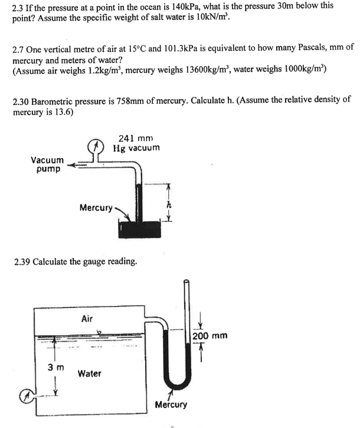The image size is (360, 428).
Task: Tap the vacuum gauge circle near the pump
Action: (x=96, y=145)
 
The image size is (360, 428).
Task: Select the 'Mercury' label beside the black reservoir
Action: (x=95, y=207)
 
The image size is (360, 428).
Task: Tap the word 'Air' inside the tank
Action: (x=87, y=318)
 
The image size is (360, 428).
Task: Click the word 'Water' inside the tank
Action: (x=89, y=373)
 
